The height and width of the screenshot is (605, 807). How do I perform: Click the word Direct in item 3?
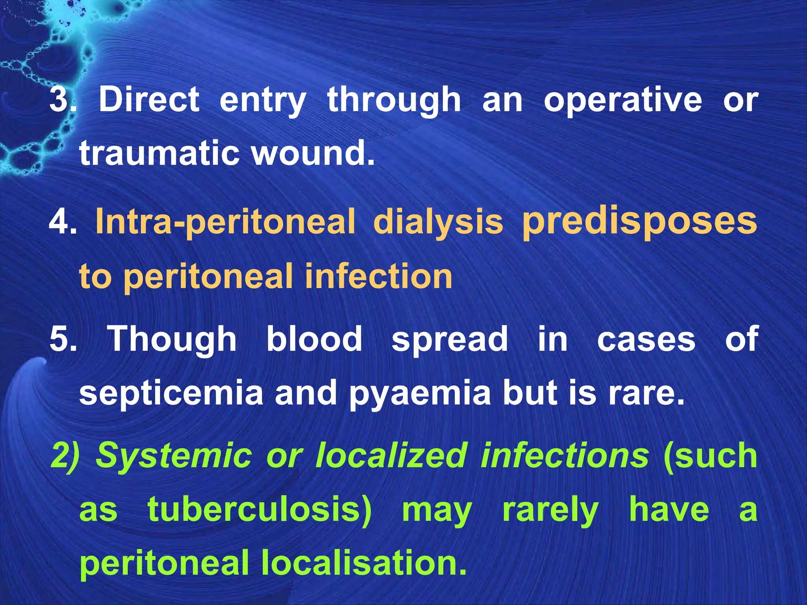(x=149, y=99)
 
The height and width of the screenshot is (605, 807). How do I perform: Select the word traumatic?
(x=159, y=154)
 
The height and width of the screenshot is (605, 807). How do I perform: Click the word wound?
(x=313, y=153)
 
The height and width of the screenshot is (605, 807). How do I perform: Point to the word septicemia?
(x=171, y=393)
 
